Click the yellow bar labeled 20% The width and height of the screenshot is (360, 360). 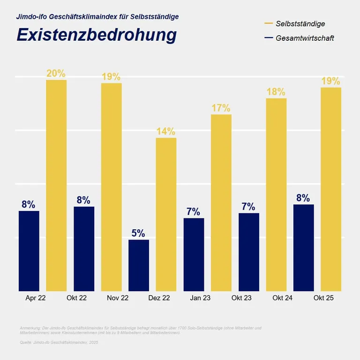pyautogui.click(x=56, y=185)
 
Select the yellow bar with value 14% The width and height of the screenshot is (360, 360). pyautogui.click(x=166, y=214)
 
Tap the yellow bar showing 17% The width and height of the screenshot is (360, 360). pyautogui.click(x=221, y=202)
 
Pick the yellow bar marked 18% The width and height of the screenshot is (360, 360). pyautogui.click(x=276, y=195)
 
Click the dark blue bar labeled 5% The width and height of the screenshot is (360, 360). pyautogui.click(x=139, y=265)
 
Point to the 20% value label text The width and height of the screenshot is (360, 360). pyautogui.click(x=56, y=74)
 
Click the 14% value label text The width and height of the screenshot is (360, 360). pyautogui.click(x=166, y=131)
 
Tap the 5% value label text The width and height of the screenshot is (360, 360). pyautogui.click(x=138, y=233)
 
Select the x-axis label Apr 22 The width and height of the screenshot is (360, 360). pyautogui.click(x=35, y=298)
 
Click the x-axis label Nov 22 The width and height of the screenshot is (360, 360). pyautogui.click(x=118, y=298)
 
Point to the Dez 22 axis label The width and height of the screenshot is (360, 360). pyautogui.click(x=159, y=298)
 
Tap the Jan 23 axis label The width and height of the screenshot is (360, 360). pyautogui.click(x=200, y=298)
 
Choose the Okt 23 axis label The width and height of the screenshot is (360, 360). pyautogui.click(x=241, y=298)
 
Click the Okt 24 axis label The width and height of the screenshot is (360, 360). pyautogui.click(x=283, y=298)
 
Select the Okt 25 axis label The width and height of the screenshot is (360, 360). pyautogui.click(x=324, y=298)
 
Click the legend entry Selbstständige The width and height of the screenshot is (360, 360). pyautogui.click(x=300, y=23)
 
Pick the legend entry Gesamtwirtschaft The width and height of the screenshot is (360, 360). pyautogui.click(x=305, y=38)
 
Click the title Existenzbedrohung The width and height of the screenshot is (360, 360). pyautogui.click(x=97, y=36)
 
